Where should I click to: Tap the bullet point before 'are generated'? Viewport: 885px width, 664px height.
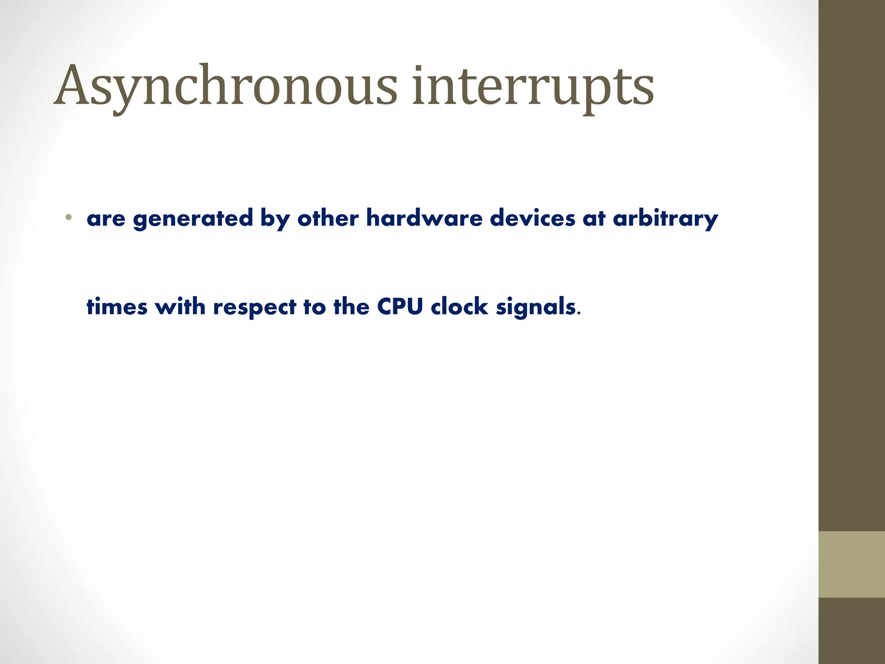click(68, 217)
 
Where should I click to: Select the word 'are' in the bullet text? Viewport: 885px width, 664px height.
click(106, 219)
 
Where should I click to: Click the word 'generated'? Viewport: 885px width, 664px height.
click(193, 219)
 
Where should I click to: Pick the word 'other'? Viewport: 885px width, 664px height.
click(328, 218)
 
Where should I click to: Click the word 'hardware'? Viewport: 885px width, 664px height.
click(424, 218)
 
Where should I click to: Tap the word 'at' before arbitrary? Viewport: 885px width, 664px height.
click(594, 219)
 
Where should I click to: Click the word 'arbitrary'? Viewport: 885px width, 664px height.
click(665, 219)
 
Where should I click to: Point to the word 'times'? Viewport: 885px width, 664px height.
click(117, 307)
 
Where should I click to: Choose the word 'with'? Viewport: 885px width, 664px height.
click(180, 307)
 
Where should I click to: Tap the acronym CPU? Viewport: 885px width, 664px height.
click(400, 307)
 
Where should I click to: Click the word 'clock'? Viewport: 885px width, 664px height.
click(459, 307)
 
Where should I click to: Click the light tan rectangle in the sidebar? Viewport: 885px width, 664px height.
click(851, 564)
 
